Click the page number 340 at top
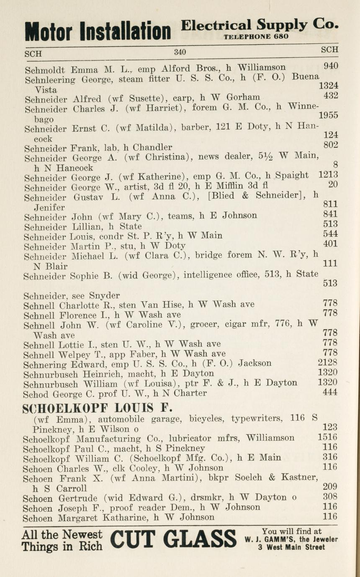180,52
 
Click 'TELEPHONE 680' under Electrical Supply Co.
256,36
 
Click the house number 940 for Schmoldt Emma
331,66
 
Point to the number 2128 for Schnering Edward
327,363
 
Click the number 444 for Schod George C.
330,392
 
